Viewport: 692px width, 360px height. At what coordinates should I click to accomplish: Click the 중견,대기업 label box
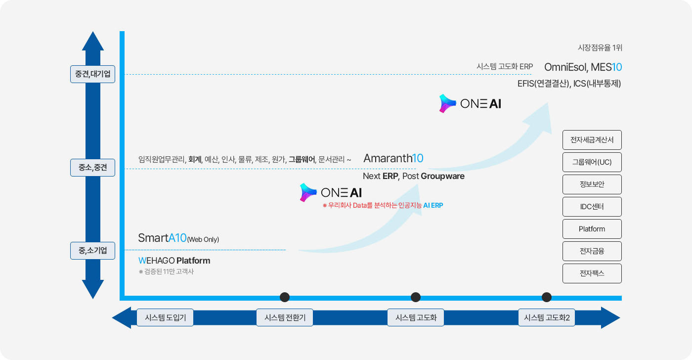93,74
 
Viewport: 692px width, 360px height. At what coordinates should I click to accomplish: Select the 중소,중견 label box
93,168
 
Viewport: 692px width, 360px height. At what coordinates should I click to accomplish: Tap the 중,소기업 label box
93,251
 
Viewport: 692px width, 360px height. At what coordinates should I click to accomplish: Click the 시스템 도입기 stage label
165,317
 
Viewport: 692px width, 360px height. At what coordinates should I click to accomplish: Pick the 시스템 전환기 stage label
285,317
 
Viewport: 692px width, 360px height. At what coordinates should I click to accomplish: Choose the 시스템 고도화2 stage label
547,317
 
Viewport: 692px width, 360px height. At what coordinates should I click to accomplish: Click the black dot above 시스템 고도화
416,297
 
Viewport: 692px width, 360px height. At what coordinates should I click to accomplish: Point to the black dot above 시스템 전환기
285,297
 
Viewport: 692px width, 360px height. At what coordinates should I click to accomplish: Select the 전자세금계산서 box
592,140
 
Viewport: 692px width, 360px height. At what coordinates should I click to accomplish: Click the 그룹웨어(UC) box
592,162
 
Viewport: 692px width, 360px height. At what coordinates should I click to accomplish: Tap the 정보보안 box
592,184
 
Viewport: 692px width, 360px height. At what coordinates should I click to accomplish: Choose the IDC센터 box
592,207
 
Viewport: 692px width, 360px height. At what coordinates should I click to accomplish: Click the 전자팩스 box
592,273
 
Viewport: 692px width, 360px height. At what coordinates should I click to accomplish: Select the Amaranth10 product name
393,158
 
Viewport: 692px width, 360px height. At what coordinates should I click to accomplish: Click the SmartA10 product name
162,238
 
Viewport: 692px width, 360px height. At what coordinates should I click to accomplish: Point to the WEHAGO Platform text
174,261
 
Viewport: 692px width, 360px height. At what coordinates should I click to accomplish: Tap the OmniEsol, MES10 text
583,67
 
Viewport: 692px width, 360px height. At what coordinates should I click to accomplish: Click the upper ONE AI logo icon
447,103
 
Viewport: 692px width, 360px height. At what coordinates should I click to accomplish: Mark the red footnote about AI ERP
383,206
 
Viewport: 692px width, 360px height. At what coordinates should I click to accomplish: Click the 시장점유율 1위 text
600,47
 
